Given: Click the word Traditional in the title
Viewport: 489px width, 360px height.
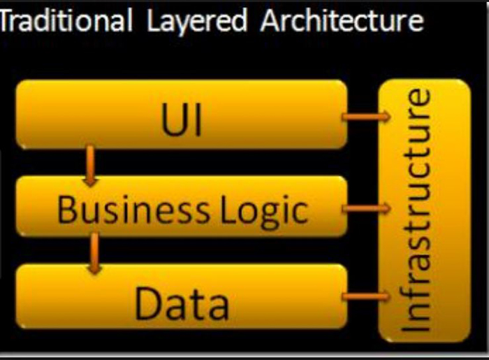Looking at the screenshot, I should (66, 22).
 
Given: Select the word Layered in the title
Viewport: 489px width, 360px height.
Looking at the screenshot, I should (197, 22).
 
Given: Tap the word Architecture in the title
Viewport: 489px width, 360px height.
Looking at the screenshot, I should (342, 22).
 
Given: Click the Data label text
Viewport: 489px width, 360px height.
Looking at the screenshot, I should (182, 303).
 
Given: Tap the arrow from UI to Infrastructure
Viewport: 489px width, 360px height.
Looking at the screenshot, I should (365, 117).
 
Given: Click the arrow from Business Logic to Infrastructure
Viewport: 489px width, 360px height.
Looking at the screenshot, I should (365, 208).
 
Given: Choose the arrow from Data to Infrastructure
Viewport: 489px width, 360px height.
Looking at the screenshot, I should (365, 297).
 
